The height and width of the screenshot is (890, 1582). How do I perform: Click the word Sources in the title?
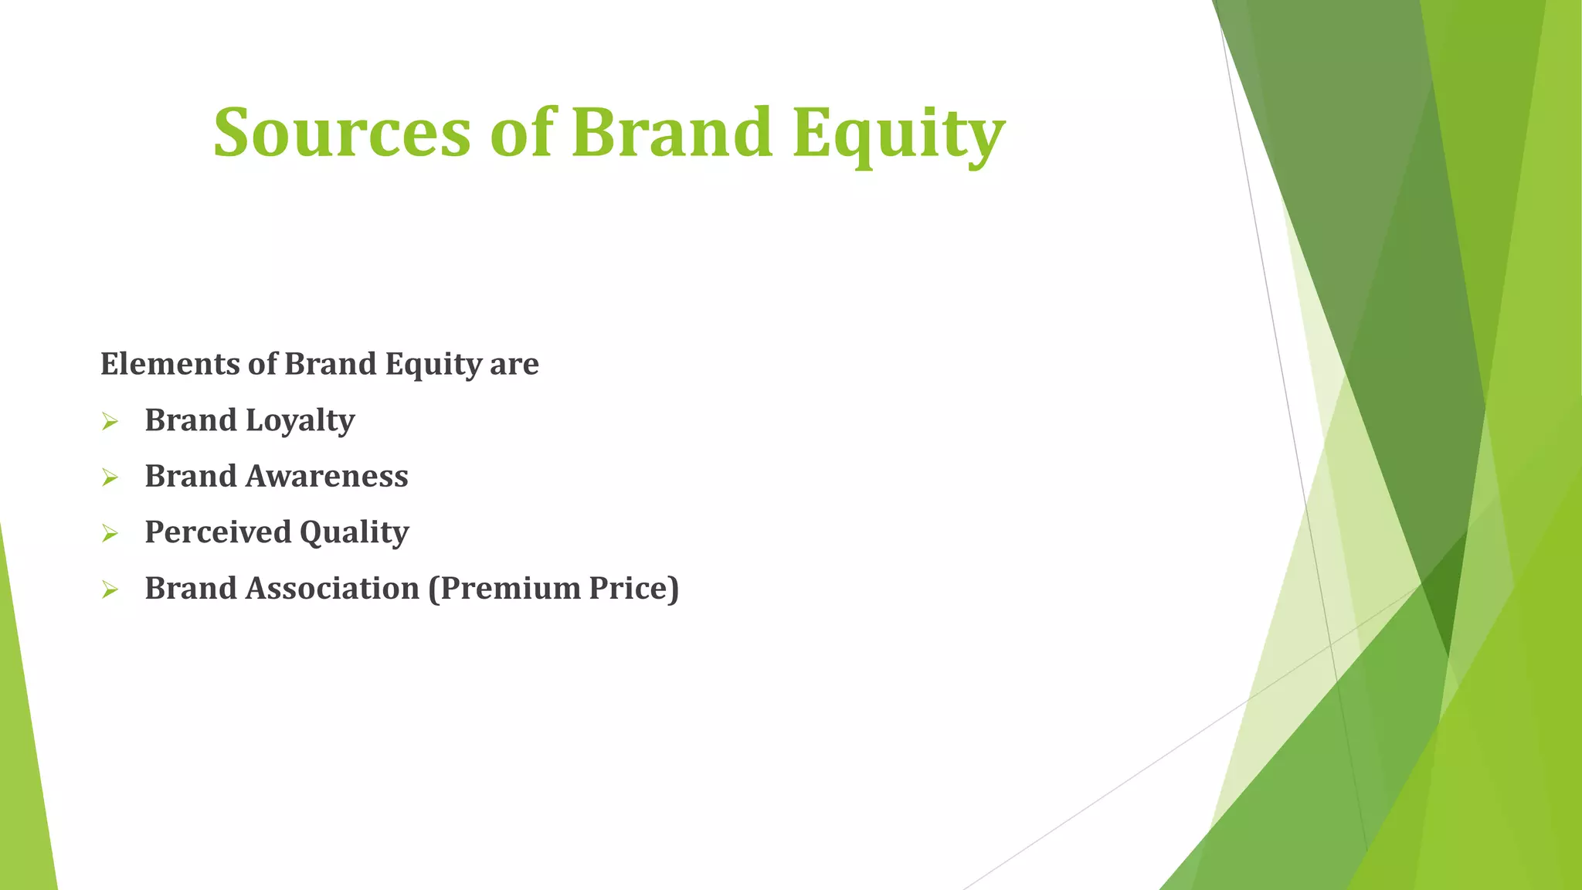[x=341, y=133]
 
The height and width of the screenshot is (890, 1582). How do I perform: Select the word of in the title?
[x=522, y=133]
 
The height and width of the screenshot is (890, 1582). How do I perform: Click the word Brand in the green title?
[x=671, y=133]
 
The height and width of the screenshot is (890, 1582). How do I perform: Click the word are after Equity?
[x=514, y=364]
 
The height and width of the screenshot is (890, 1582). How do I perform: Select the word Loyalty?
[x=300, y=421]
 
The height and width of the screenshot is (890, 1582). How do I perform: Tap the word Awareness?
[x=327, y=477]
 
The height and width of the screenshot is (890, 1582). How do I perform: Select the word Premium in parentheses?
[x=504, y=589]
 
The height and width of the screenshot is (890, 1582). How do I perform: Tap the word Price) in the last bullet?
[x=633, y=589]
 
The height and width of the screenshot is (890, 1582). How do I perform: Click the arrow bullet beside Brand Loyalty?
[x=110, y=422]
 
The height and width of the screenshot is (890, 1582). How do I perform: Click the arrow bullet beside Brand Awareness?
[x=110, y=478]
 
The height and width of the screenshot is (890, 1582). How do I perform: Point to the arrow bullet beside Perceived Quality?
[x=110, y=534]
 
